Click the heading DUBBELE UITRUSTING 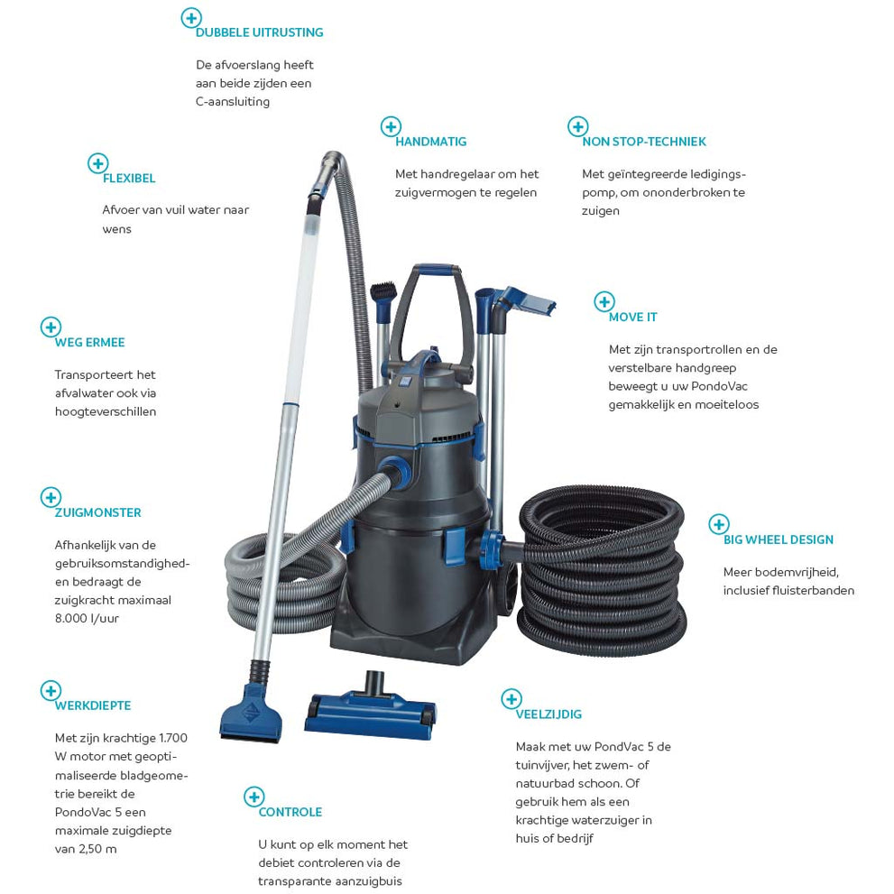pyautogui.click(x=260, y=32)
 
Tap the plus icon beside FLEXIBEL pyautogui.click(x=98, y=163)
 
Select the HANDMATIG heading pyautogui.click(x=431, y=142)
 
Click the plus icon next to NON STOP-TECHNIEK pyautogui.click(x=577, y=126)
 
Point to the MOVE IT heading pyautogui.click(x=633, y=317)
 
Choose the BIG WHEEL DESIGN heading pyautogui.click(x=779, y=539)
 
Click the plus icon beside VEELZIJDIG pyautogui.click(x=512, y=699)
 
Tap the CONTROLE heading pyautogui.click(x=290, y=812)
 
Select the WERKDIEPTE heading pyautogui.click(x=93, y=705)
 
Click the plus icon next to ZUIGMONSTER pyautogui.click(x=51, y=497)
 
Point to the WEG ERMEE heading pyautogui.click(x=89, y=342)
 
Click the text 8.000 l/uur pyautogui.click(x=87, y=618)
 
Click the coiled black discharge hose pyautogui.click(x=602, y=570)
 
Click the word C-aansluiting pyautogui.click(x=233, y=101)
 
